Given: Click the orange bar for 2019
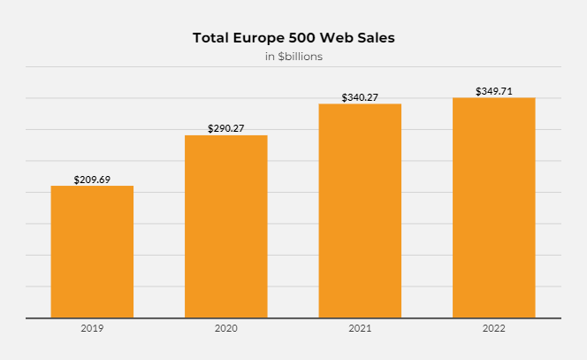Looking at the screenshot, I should [x=92, y=252].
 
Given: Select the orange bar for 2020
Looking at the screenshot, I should [x=226, y=226].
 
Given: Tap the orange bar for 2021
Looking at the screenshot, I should [x=360, y=211].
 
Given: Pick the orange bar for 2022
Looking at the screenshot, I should [x=493, y=208].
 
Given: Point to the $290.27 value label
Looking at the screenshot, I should [x=226, y=128].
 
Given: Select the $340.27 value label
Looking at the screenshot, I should [x=360, y=97].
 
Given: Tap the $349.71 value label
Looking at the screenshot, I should [x=493, y=91].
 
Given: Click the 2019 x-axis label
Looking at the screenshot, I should [x=92, y=329].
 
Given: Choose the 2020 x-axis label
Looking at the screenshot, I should [x=226, y=329].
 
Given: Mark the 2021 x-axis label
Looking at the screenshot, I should [x=360, y=329].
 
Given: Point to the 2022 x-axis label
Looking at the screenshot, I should [x=493, y=329].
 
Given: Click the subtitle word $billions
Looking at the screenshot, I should [x=300, y=57].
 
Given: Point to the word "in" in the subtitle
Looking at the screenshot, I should [x=270, y=57].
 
